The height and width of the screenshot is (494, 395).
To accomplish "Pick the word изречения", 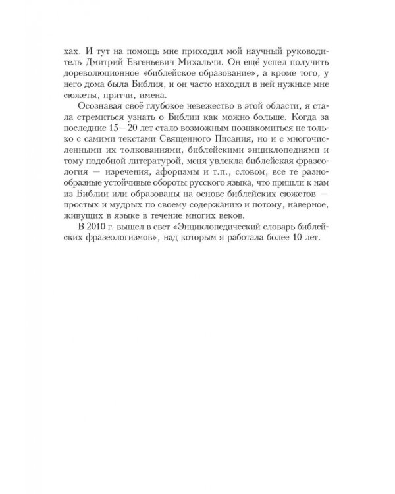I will coord(122,183).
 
